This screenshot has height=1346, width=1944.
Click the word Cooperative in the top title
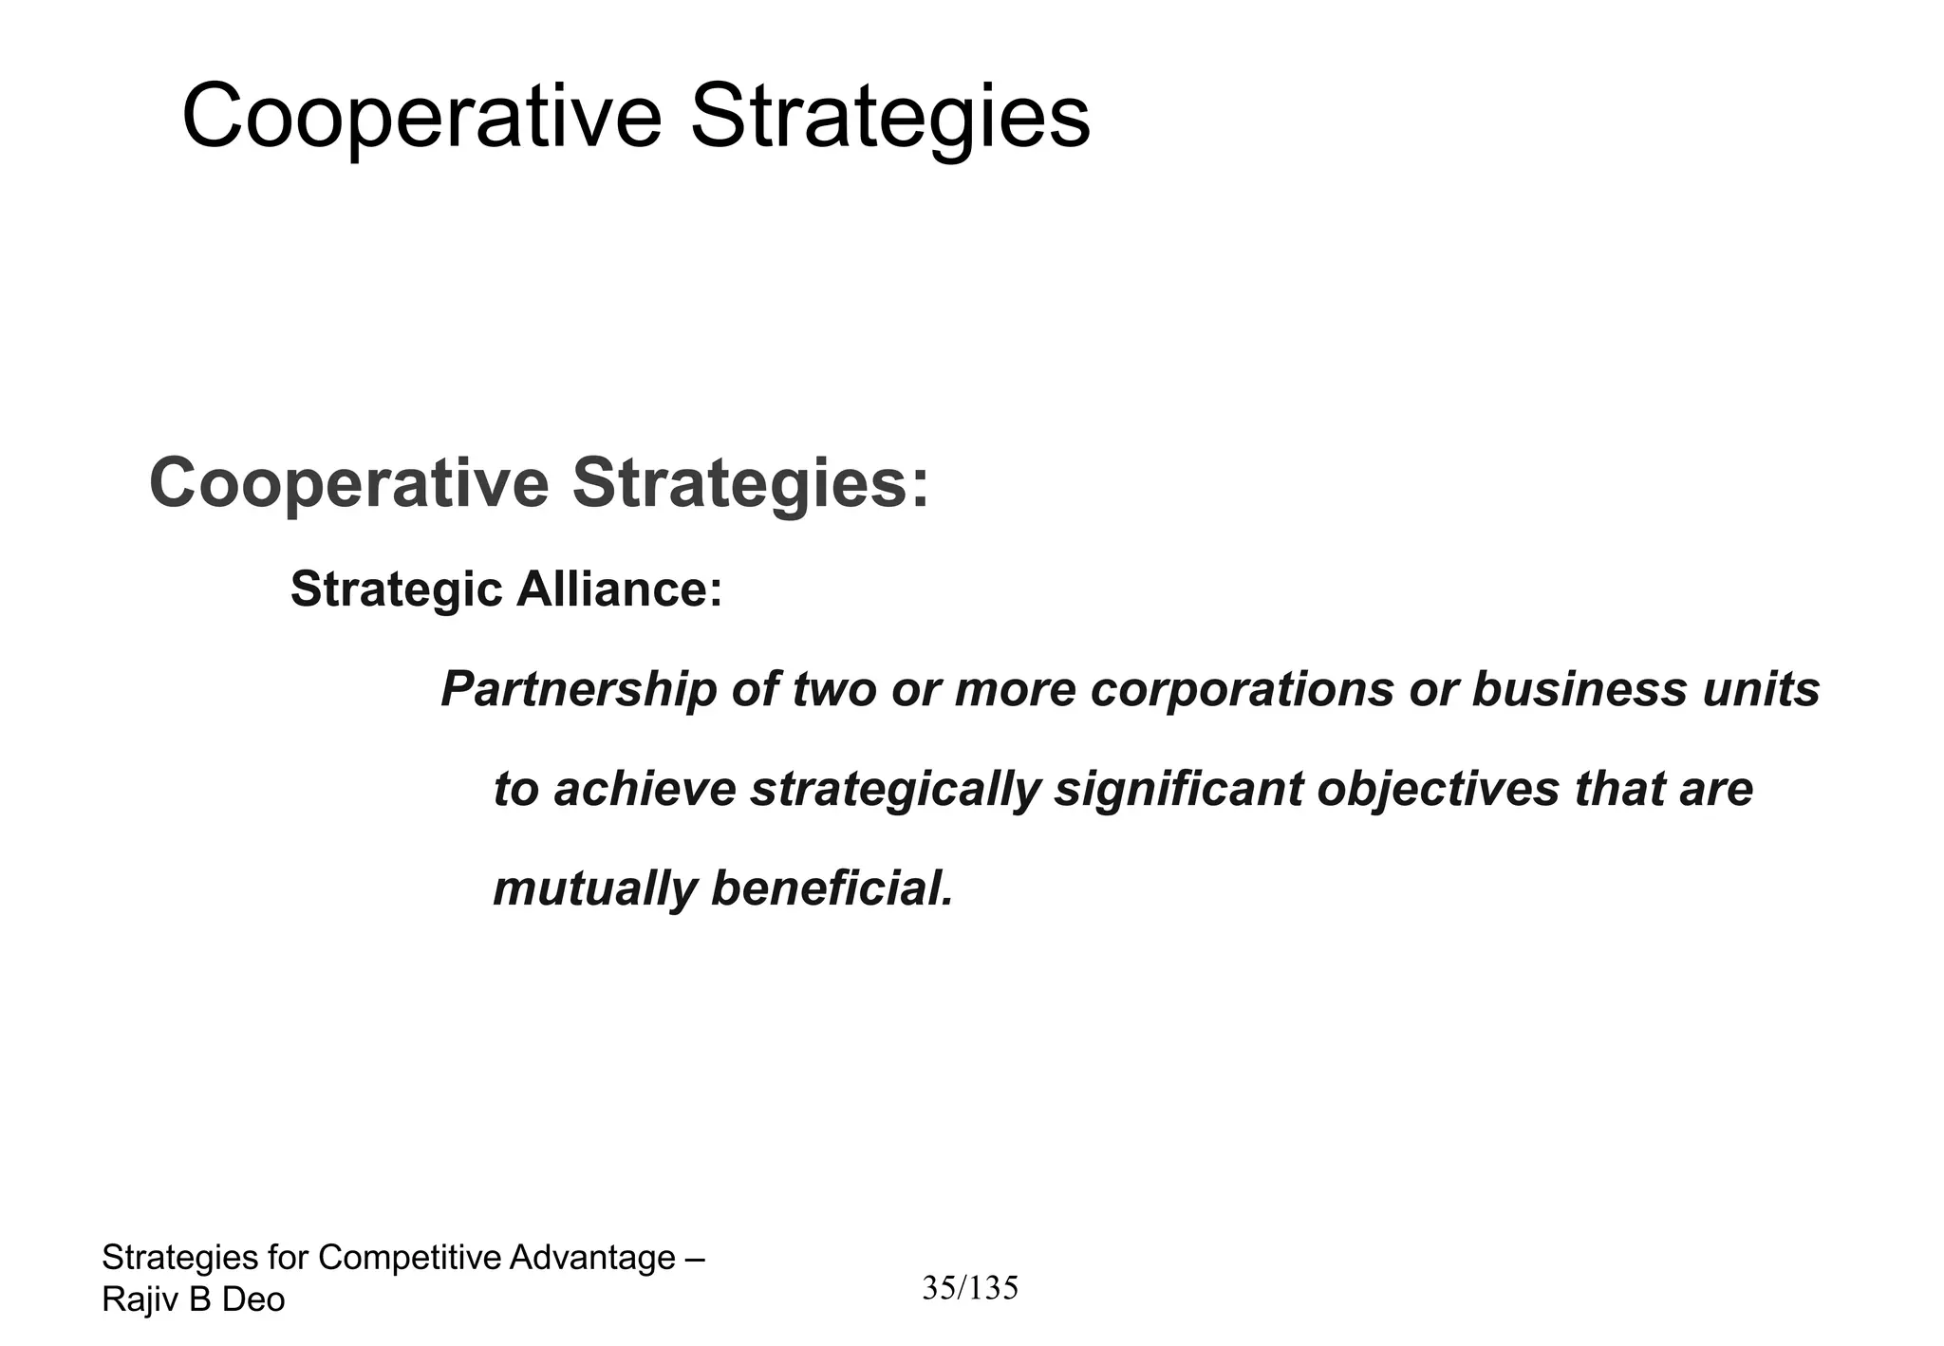421,118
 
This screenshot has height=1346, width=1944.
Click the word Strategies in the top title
889,118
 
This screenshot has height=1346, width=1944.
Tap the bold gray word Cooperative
348,484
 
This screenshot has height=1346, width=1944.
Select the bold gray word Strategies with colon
750,484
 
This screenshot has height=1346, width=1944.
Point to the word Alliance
619,589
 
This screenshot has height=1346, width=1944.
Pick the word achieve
645,790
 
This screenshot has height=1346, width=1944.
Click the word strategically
895,790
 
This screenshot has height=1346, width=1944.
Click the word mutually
594,889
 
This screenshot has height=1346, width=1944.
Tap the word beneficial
832,889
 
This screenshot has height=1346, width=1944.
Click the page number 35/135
970,1288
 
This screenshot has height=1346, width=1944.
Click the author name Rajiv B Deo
194,1299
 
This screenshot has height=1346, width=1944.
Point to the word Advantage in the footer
592,1258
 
